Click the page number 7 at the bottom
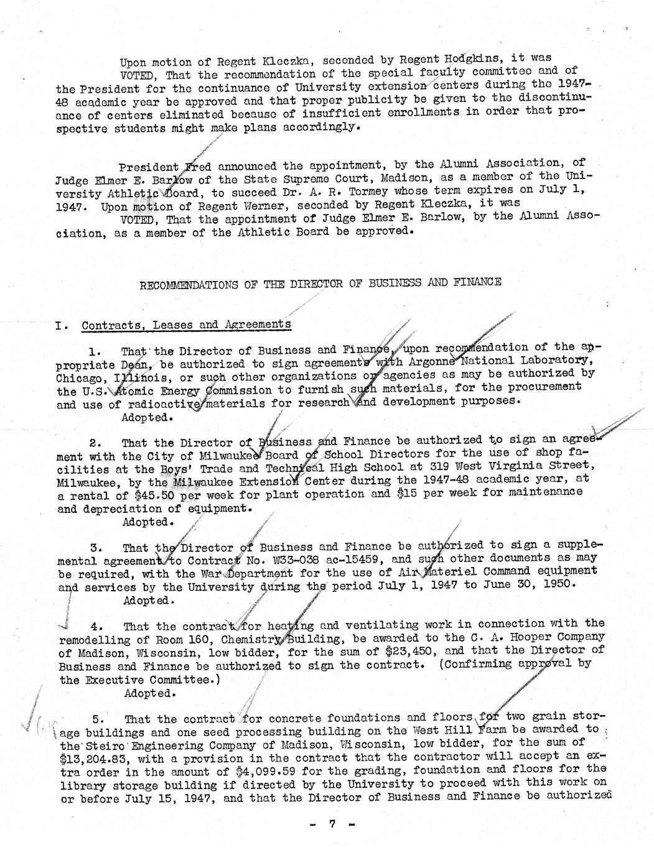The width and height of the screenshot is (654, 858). coord(332,824)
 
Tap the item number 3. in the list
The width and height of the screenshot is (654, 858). coord(96,548)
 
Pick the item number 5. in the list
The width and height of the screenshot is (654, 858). coord(101,718)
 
